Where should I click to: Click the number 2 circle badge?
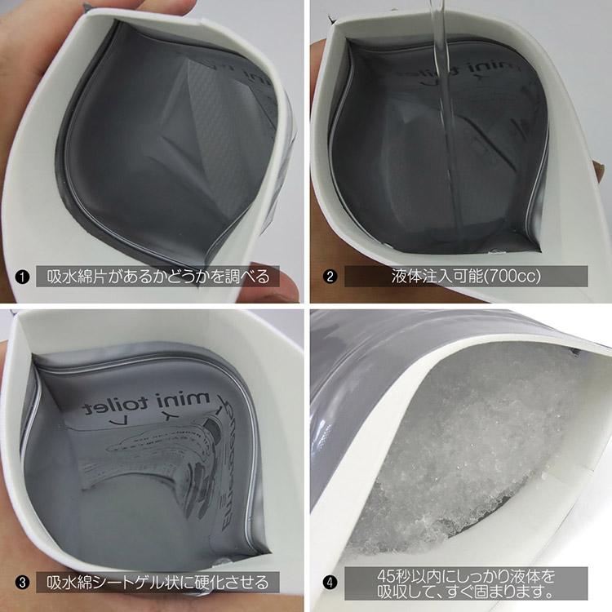pyautogui.click(x=330, y=276)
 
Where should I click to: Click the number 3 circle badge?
pyautogui.click(x=24, y=583)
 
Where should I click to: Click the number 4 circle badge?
pyautogui.click(x=329, y=583)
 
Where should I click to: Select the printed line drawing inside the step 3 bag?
pyautogui.click(x=163, y=473)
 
